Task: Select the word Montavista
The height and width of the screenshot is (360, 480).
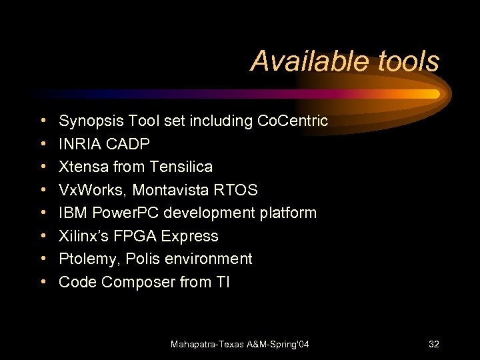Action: pos(173,190)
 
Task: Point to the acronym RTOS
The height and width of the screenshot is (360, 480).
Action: pos(237,190)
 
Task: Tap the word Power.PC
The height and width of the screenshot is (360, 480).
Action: pos(120,213)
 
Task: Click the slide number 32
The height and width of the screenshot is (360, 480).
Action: pos(434,344)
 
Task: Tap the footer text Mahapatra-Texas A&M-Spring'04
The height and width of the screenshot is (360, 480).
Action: pos(240,344)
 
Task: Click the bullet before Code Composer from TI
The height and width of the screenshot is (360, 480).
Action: pos(43,282)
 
